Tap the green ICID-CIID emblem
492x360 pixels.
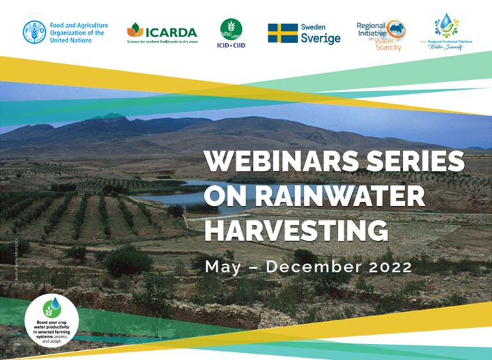pos(231,28)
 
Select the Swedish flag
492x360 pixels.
pos(282,33)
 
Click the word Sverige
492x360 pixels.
pos(321,38)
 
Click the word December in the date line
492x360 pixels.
pos(316,266)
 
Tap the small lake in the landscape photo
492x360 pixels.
pos(183,198)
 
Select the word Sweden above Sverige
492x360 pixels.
pos(314,26)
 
